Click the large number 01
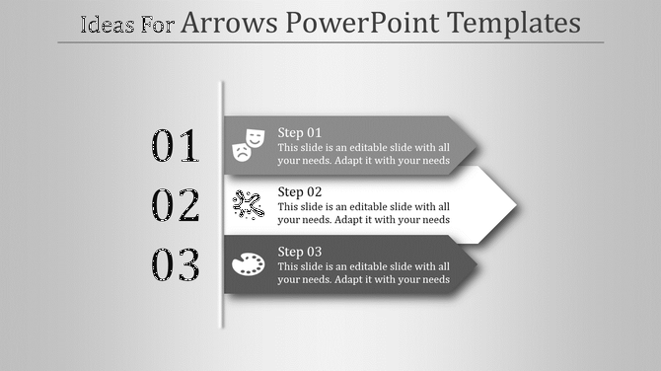point(176,146)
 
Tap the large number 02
point(176,205)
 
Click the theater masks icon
point(248,144)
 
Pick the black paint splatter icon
point(248,204)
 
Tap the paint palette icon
point(248,264)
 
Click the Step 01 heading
point(300,132)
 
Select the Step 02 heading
point(300,191)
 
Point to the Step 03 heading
point(300,252)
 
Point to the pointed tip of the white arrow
point(516,205)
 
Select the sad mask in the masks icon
point(240,152)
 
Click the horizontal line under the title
point(330,42)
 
